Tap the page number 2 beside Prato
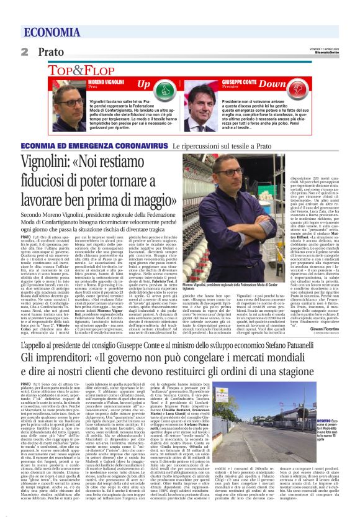tap(24, 52)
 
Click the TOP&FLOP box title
tap(81, 70)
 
